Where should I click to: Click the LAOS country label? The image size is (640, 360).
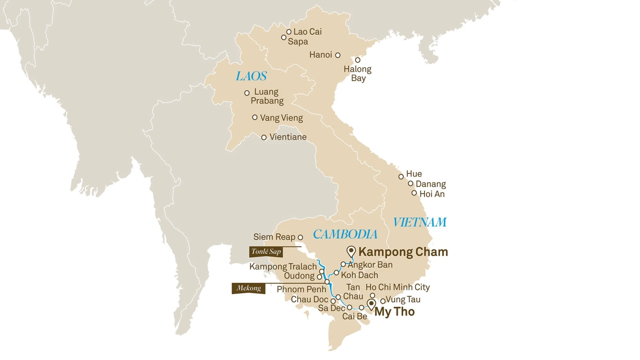[251, 76]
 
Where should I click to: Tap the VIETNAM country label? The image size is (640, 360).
[420, 222]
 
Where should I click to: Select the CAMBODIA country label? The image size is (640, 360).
[345, 234]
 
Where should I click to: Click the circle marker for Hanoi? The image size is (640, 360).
[338, 55]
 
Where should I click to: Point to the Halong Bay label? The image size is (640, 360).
[358, 74]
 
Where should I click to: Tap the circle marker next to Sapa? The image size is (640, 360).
[284, 37]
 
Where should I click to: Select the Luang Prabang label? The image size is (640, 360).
[267, 96]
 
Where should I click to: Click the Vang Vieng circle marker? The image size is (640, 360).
[255, 117]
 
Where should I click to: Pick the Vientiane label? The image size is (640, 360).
[288, 137]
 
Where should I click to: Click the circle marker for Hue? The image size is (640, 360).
[401, 176]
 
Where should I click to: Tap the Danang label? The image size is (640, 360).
[431, 184]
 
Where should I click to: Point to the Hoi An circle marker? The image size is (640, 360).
[414, 193]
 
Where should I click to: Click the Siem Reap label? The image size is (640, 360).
[274, 237]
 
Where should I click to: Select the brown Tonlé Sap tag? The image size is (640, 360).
[266, 252]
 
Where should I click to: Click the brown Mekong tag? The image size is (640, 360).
[248, 288]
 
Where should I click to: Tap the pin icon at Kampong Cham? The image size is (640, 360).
[352, 251]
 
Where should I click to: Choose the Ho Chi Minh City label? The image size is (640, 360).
[397, 288]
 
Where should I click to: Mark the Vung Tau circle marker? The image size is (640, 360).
[383, 301]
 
